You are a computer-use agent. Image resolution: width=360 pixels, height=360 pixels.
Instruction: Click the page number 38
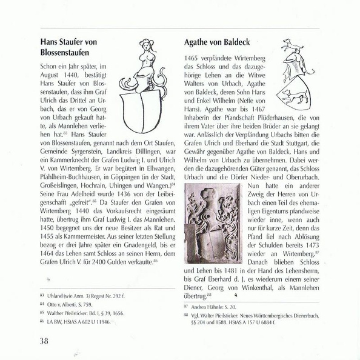point(44,341)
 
